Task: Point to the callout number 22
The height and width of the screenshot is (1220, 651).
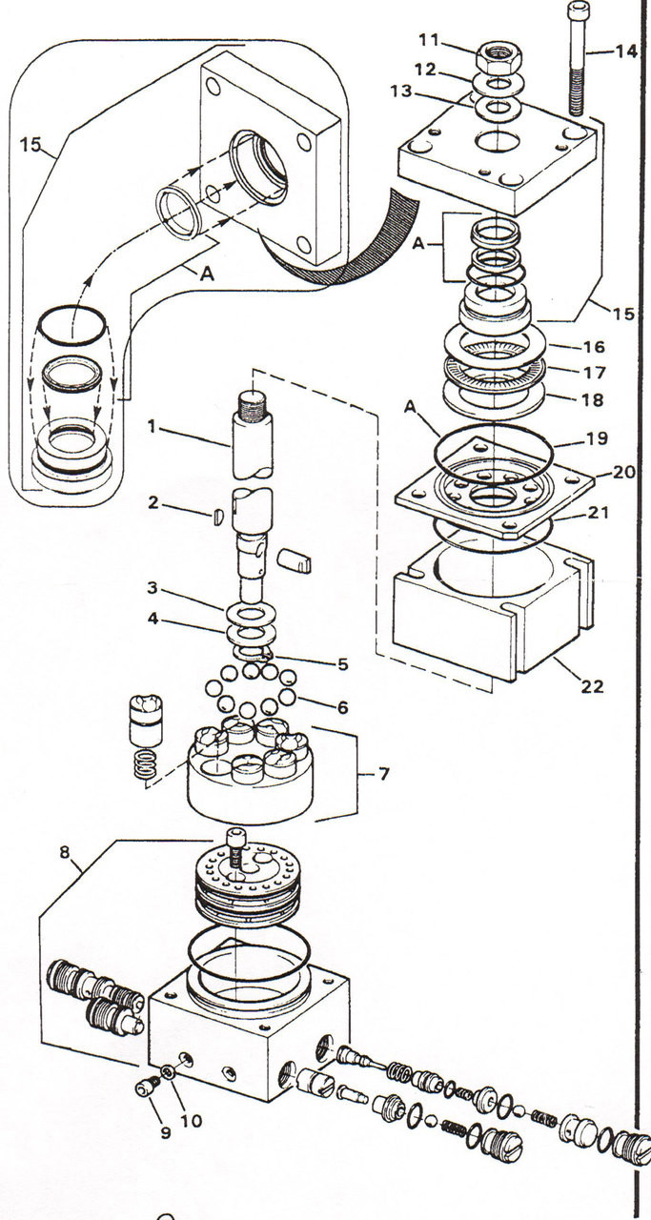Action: coord(593,686)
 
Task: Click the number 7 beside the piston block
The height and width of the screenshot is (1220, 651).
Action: coord(384,773)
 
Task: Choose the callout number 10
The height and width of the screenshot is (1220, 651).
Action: coord(192,1121)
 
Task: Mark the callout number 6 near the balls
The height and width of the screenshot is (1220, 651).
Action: coord(341,708)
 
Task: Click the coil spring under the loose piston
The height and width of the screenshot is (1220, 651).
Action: coord(142,767)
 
